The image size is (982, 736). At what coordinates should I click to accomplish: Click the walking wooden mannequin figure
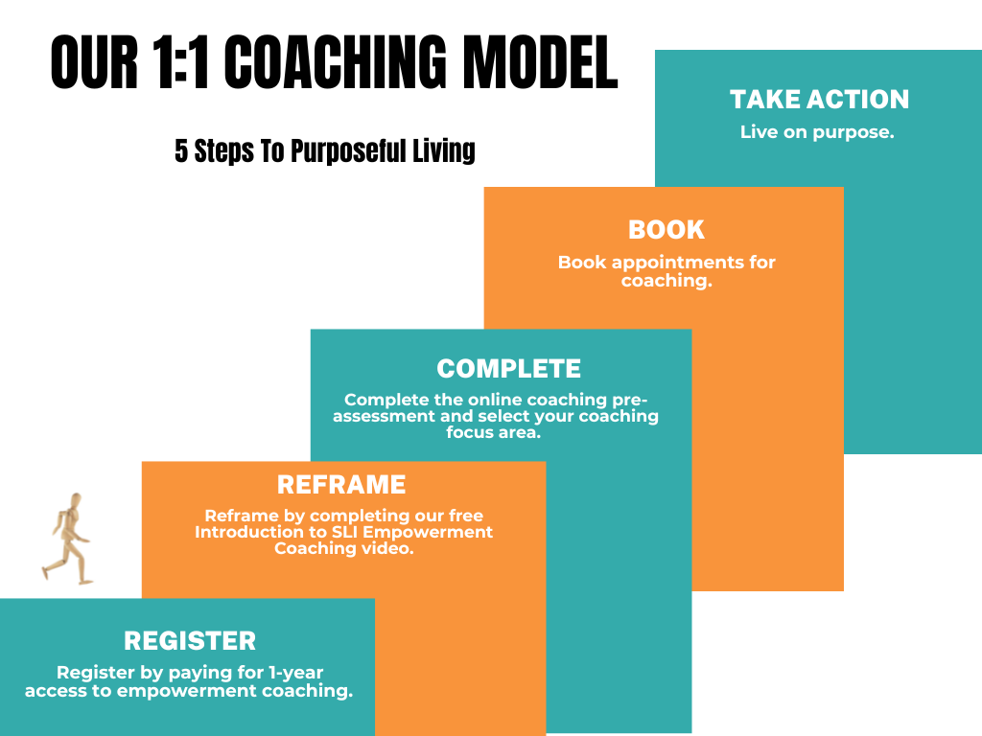(68, 540)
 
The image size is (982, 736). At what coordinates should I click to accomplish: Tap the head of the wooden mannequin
(76, 500)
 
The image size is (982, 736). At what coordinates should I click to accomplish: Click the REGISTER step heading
(190, 641)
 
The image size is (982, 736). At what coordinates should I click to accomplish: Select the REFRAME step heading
(341, 485)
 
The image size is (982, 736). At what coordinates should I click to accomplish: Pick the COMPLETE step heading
(508, 369)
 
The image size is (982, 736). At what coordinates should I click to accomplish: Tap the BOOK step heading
(666, 230)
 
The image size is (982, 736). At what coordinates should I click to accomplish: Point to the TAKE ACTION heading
(819, 100)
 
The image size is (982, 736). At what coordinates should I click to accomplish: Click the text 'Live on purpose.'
(817, 132)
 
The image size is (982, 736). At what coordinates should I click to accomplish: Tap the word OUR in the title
(94, 62)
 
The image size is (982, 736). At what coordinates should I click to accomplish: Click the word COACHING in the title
(335, 62)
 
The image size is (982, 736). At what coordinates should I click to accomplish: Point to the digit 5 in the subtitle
(181, 150)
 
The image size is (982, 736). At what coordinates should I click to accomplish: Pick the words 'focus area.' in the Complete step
(493, 432)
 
